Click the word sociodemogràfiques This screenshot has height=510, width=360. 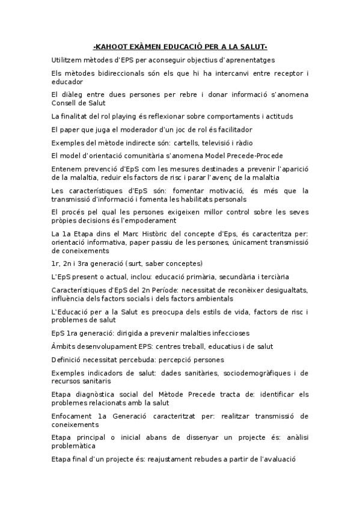pos(261,373)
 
